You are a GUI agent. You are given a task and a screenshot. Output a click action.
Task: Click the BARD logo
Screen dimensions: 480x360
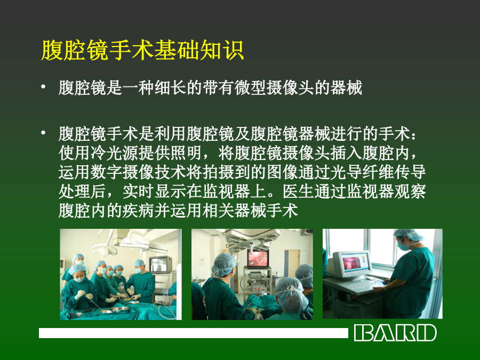coord(395,333)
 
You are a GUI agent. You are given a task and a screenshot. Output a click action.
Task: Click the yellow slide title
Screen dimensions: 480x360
coord(142,50)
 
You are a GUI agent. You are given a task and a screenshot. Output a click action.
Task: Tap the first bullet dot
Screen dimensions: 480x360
coord(43,87)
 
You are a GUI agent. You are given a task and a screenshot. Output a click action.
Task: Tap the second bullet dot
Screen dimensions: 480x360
coord(43,133)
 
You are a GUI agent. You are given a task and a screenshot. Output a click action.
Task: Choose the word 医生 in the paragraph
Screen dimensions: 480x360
coord(298,191)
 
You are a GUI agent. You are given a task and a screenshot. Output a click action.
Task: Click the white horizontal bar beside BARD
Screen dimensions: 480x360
coord(194,333)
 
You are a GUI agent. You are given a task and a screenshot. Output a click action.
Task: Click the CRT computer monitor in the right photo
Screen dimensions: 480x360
coord(349,265)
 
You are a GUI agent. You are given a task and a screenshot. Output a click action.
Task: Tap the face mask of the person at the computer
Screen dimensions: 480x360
coord(403,246)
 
